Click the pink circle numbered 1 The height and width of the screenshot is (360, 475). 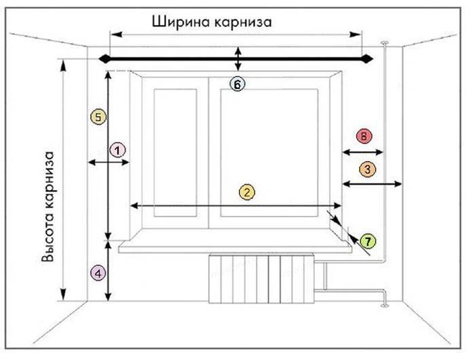tap(118, 150)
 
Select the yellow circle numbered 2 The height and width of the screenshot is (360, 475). tap(247, 192)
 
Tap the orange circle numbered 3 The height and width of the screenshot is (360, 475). tap(368, 169)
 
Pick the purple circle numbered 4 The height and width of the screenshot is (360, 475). tap(98, 274)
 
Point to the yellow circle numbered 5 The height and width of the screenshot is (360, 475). tap(98, 117)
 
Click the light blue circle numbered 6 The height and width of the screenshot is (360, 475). tap(237, 84)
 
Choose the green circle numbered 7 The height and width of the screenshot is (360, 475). tap(368, 241)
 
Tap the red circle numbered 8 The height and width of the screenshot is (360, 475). tap(364, 136)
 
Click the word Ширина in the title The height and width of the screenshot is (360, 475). tap(176, 22)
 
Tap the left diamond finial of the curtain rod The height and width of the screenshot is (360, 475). tap(104, 58)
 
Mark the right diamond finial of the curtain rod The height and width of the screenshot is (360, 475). tap(368, 58)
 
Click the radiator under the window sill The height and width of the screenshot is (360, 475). tap(261, 279)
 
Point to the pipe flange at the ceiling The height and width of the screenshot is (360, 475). tap(385, 43)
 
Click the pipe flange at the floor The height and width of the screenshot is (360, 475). tap(385, 305)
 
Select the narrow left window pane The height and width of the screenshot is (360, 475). tap(175, 153)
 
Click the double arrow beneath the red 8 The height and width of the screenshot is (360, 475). tap(363, 152)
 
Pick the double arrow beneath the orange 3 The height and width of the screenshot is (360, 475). tap(373, 183)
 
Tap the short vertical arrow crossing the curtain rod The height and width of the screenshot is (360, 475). tap(238, 59)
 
